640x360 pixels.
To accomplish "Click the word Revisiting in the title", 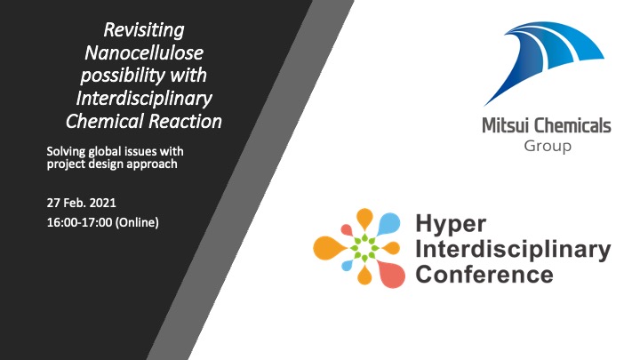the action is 144,30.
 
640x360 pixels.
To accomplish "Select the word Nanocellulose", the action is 144,53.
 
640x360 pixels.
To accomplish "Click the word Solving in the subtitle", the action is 66,152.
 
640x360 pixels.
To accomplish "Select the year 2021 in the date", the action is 102,203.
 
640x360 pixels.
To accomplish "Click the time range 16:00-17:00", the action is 80,222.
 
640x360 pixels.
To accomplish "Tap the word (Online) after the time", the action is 137,223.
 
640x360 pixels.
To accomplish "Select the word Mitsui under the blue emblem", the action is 506,125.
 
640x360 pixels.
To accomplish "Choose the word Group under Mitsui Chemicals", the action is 548,146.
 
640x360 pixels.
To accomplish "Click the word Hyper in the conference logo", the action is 451,225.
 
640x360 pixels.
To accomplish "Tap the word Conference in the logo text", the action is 484,275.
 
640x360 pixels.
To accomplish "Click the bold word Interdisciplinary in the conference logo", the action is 513,249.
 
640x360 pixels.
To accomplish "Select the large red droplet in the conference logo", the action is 390,275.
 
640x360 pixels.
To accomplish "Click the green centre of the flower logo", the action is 365,247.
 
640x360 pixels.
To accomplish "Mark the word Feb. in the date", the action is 75,203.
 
